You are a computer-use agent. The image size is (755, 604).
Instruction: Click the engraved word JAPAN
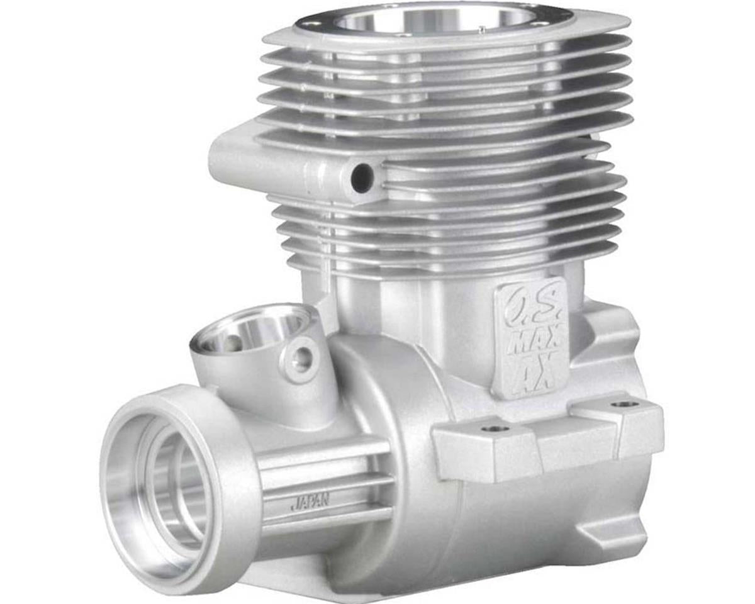tap(310, 501)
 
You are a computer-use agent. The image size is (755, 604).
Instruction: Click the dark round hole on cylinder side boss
tap(361, 177)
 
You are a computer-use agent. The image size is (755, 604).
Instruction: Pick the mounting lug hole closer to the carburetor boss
tap(495, 429)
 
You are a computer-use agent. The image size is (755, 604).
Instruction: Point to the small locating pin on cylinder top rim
tap(481, 27)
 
